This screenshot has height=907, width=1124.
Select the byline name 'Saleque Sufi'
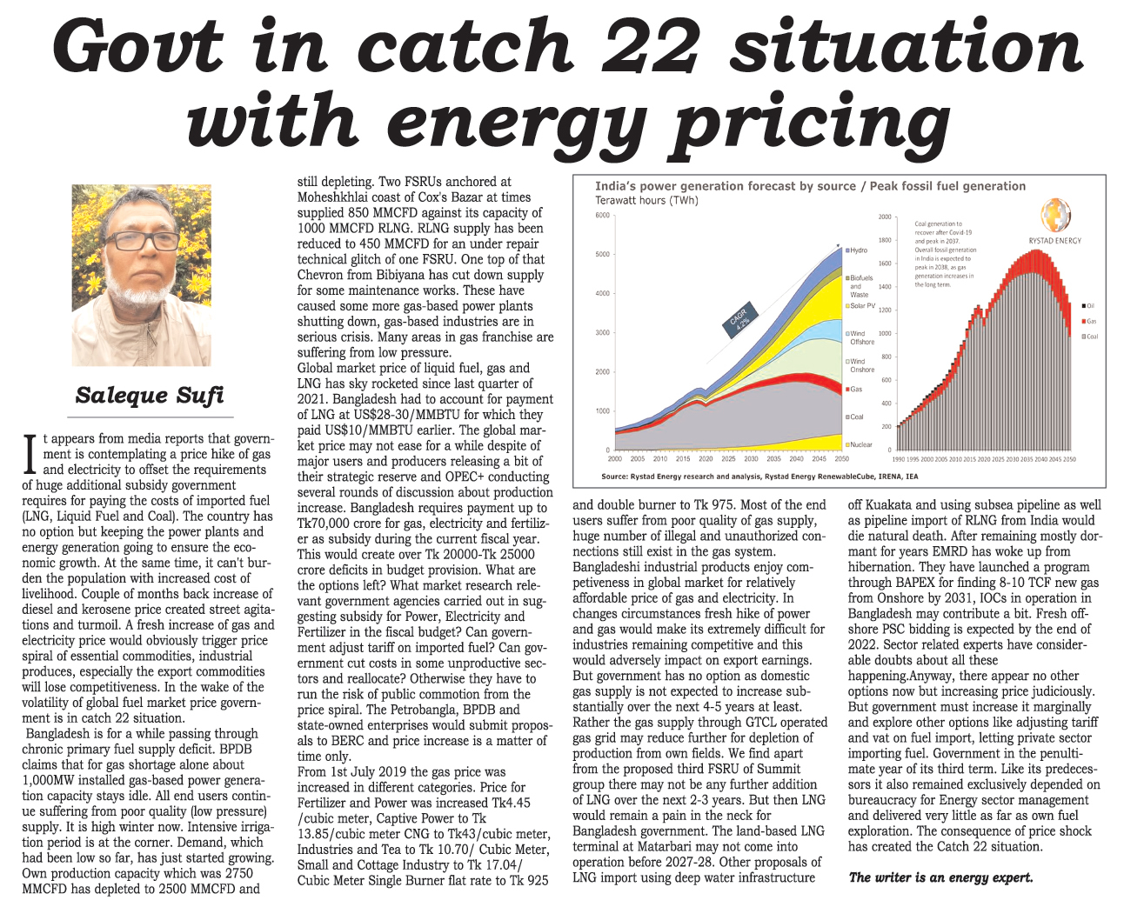150,396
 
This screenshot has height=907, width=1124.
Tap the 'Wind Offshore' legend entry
860,337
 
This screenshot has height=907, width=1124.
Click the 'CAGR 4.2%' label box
739,321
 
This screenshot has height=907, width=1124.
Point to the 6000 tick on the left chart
601,216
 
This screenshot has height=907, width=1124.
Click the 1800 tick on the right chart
885,240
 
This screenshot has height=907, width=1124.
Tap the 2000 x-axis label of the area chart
615,458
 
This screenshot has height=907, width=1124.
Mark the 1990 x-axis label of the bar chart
899,458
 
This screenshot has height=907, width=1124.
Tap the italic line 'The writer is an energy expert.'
940,877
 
